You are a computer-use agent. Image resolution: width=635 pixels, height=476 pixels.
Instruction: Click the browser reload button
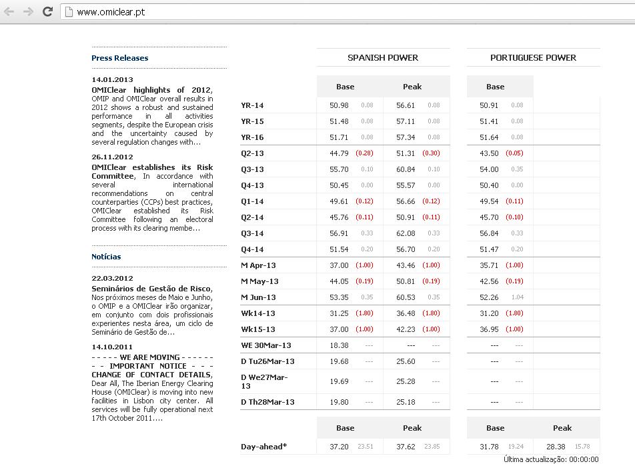(47, 11)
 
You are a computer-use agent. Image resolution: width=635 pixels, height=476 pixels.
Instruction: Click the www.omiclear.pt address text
(111, 12)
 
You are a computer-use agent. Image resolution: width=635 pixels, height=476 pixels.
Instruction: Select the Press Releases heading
(120, 58)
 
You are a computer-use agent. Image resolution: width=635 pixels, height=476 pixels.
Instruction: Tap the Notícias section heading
(106, 257)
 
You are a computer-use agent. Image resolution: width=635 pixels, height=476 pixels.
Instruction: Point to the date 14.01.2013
(112, 80)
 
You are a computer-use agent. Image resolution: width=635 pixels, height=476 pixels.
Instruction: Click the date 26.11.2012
(112, 157)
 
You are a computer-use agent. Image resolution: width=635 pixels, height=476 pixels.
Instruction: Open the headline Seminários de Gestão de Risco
(151, 289)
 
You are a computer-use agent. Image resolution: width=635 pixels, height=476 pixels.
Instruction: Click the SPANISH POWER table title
(383, 58)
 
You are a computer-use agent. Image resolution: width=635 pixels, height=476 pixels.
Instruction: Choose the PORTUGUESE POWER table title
(533, 58)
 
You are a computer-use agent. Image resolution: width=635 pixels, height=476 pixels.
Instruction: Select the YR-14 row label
(252, 105)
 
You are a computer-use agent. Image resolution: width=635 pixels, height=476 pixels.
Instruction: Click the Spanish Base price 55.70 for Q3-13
(339, 169)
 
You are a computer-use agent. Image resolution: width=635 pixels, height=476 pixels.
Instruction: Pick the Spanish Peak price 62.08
(406, 233)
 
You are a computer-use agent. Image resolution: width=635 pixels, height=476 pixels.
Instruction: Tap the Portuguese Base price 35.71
(489, 265)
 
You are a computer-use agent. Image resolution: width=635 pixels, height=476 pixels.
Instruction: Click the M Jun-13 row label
(258, 297)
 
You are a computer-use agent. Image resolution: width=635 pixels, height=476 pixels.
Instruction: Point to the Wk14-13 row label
(257, 313)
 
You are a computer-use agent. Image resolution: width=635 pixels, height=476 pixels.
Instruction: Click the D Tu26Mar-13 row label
(267, 361)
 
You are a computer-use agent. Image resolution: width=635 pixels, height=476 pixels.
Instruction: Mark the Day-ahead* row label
(263, 447)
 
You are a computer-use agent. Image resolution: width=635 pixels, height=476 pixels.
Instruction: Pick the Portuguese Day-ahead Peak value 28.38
(556, 447)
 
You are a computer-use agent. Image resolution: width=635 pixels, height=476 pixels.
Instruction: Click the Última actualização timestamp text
(551, 459)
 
